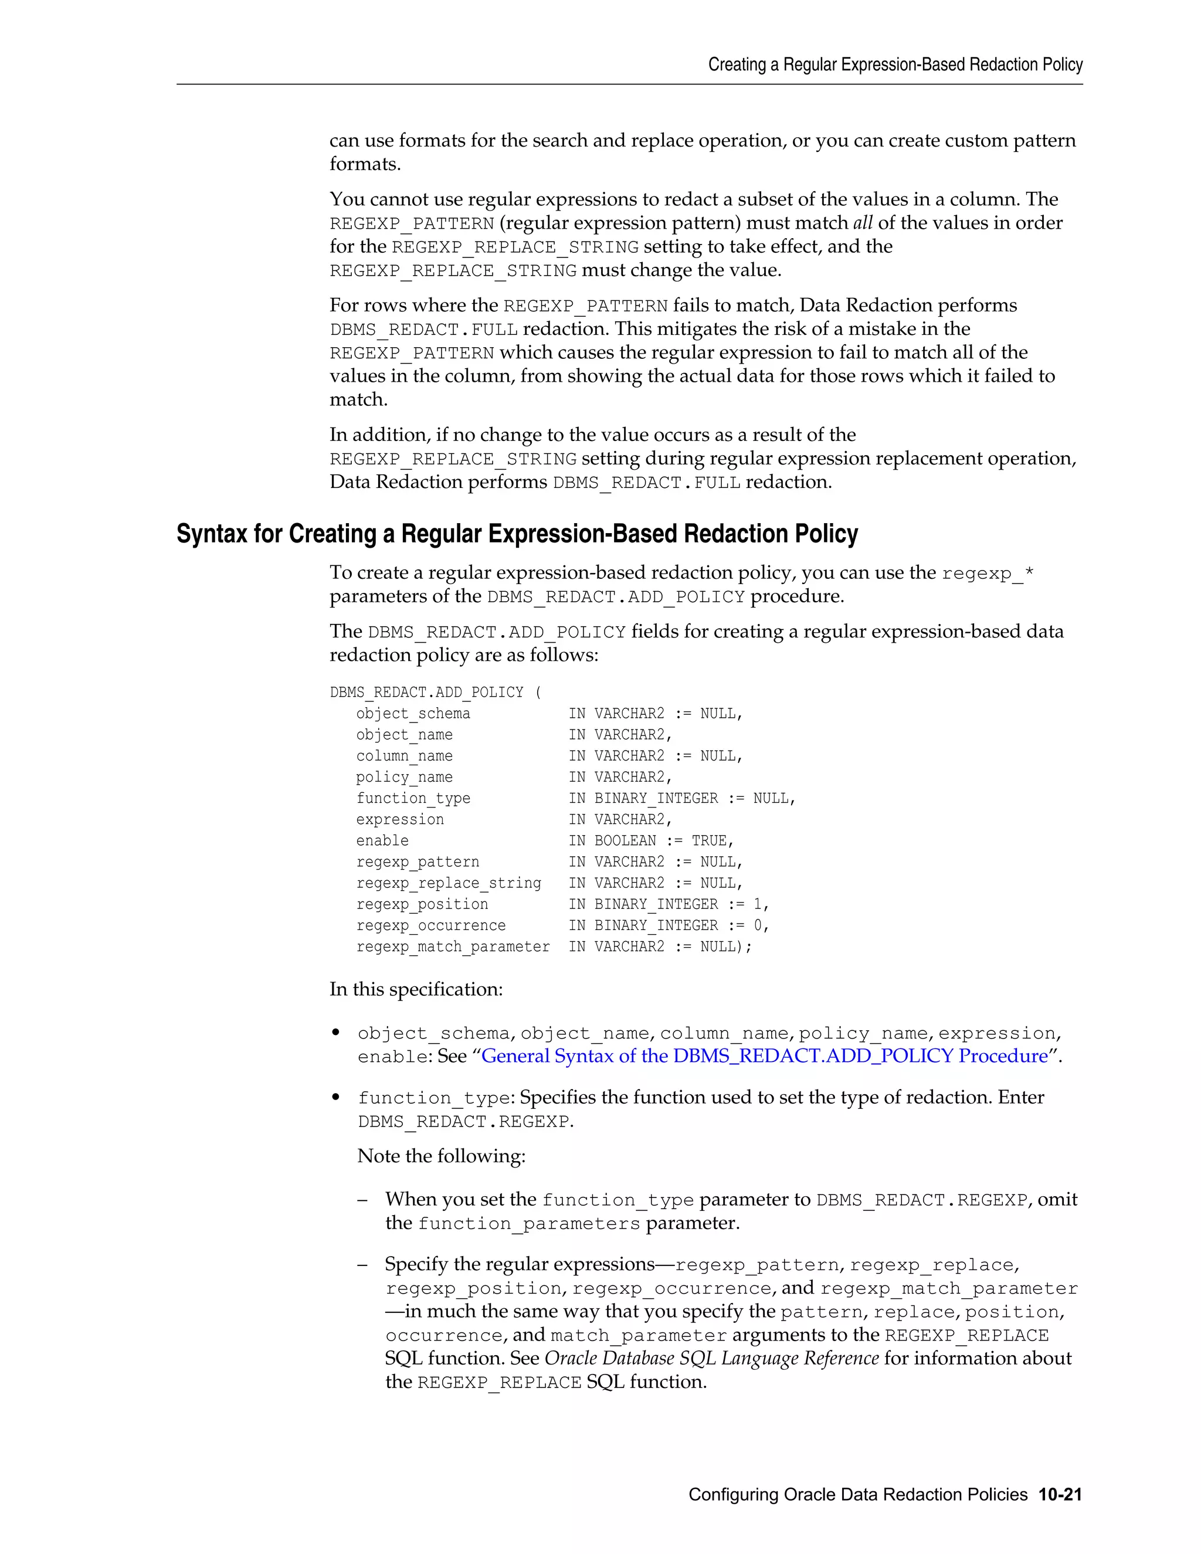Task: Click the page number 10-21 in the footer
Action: point(1060,1494)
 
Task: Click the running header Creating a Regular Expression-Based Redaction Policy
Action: point(894,65)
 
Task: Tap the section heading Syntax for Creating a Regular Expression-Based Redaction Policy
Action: point(517,534)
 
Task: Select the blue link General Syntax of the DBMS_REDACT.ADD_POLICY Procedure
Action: point(764,1056)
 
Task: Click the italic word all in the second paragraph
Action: point(862,223)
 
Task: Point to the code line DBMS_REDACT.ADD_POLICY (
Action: point(436,693)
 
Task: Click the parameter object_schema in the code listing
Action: point(413,714)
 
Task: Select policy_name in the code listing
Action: point(404,777)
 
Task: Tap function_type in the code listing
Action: point(413,798)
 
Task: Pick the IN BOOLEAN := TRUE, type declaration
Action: point(650,840)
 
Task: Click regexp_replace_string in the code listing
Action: point(448,883)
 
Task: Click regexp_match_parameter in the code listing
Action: point(453,946)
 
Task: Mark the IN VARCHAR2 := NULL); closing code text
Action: point(660,946)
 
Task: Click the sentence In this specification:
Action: point(416,990)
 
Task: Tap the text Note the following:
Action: point(441,1156)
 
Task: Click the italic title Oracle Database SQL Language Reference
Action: point(711,1358)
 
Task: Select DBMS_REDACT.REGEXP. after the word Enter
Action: point(465,1122)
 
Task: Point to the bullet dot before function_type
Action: point(336,1097)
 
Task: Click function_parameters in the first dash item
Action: point(528,1224)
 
